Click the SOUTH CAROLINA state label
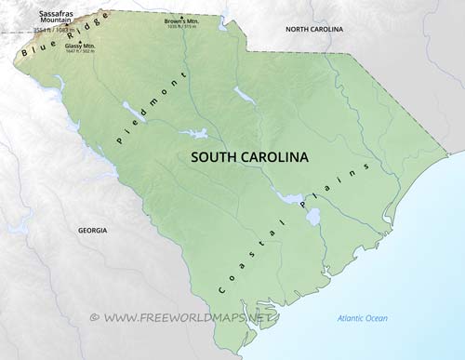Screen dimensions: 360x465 click(x=249, y=157)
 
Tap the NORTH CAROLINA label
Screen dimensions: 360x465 click(x=314, y=30)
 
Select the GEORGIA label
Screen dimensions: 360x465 click(x=92, y=230)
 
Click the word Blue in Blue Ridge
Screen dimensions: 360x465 click(x=32, y=58)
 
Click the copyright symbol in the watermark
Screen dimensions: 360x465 click(x=94, y=317)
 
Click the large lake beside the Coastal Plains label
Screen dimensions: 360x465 click(x=313, y=218)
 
